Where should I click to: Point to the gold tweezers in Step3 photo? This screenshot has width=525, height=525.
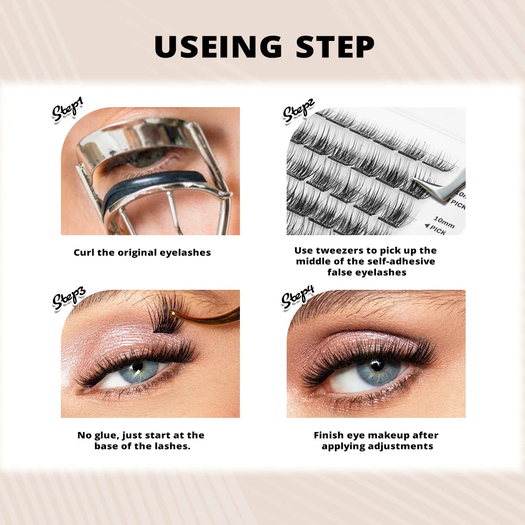(x=210, y=318)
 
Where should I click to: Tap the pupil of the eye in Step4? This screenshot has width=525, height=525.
(x=377, y=364)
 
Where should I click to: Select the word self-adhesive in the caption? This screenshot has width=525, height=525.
(x=403, y=261)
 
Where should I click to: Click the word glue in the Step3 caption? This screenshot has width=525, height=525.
(x=103, y=435)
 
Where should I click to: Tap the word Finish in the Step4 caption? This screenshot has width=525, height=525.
(x=330, y=435)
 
